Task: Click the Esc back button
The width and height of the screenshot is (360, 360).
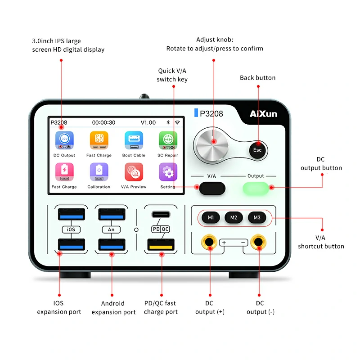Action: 257,150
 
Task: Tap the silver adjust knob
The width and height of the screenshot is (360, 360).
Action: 213,142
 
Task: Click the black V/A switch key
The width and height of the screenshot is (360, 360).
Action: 212,188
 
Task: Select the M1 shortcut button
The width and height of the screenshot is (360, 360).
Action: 211,218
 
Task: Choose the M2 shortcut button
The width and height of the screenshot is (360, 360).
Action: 234,218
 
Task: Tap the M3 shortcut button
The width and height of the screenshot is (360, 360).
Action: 257,218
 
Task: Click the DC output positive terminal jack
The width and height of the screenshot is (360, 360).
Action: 210,243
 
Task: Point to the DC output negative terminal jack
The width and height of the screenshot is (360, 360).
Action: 258,243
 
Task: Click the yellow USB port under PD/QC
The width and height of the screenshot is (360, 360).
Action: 161,245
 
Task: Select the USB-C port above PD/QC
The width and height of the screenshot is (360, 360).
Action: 161,214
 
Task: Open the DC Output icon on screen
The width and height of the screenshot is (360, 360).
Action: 64,140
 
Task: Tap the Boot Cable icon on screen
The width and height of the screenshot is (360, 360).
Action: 134,140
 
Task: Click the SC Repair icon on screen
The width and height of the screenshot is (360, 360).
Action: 168,140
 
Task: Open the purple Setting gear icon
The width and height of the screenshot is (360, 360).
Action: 168,172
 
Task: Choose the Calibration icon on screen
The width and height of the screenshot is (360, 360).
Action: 99,172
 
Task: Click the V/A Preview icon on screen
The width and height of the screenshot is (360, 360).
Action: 134,172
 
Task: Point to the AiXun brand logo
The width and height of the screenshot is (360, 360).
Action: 263,114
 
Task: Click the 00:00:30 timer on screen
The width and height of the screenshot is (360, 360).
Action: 103,122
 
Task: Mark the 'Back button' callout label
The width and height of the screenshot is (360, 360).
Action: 257,78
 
